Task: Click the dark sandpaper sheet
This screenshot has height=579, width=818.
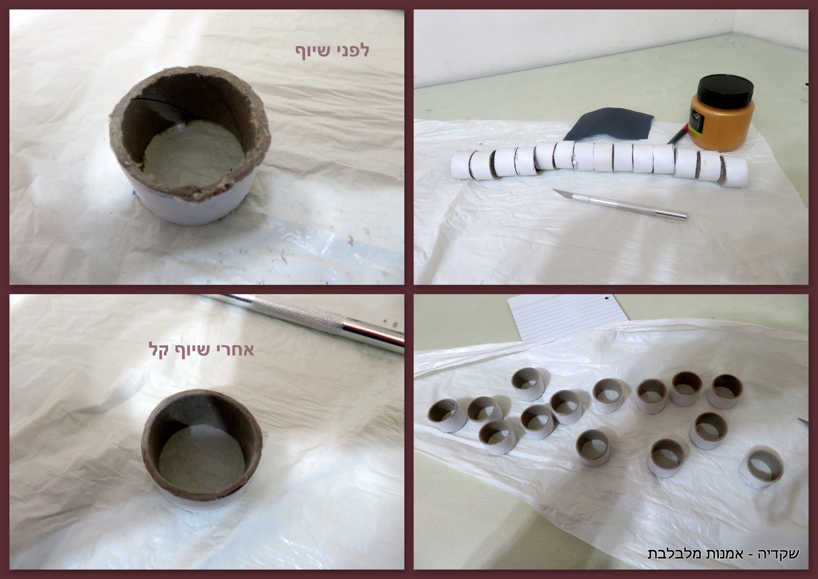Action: coord(609,124)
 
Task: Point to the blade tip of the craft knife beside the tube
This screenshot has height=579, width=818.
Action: coord(554,190)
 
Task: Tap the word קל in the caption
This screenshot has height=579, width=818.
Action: coord(158,349)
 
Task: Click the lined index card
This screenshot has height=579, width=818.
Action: coord(565,316)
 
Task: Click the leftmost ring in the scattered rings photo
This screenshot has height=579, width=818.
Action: coord(447,416)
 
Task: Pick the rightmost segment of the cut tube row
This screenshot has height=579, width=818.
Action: coord(733,171)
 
